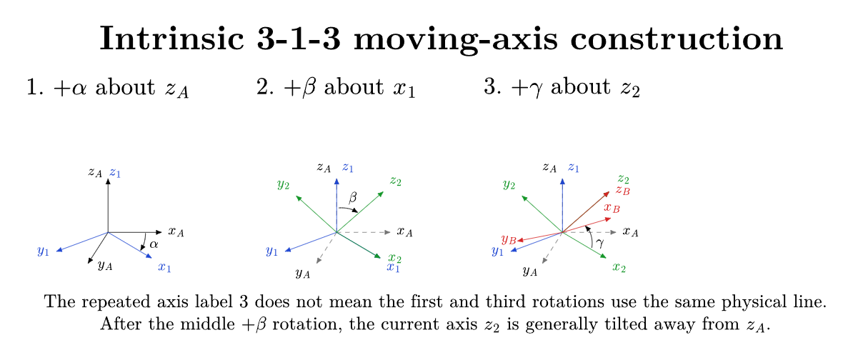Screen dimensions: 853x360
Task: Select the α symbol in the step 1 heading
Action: (x=82, y=88)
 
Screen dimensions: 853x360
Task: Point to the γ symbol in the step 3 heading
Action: (x=538, y=89)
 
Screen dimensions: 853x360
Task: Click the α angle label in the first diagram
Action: (x=154, y=245)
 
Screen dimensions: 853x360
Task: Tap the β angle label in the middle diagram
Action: (x=352, y=199)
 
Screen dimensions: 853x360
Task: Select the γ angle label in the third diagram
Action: (x=599, y=245)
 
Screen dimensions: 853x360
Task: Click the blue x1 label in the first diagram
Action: (x=164, y=267)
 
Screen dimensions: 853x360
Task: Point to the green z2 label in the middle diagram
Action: (x=396, y=181)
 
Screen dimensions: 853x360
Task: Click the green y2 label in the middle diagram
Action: (x=283, y=186)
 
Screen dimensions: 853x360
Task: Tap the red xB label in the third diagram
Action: (x=612, y=209)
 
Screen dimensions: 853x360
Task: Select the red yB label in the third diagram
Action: (x=509, y=239)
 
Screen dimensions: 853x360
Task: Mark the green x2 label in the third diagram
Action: (x=619, y=268)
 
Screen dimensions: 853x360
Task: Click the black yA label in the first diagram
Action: (x=105, y=266)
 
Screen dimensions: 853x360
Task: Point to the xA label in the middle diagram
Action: (x=405, y=232)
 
